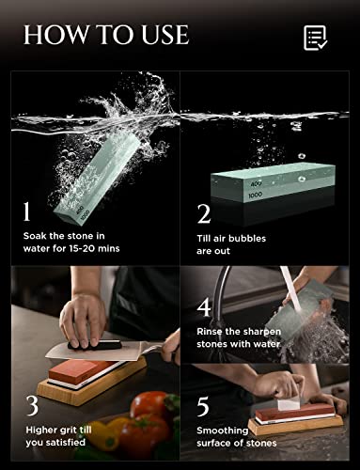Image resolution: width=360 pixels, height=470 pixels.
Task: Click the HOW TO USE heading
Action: (x=105, y=37)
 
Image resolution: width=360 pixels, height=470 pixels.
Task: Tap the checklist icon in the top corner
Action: (x=315, y=38)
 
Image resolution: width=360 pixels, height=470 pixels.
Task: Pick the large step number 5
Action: (x=204, y=405)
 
